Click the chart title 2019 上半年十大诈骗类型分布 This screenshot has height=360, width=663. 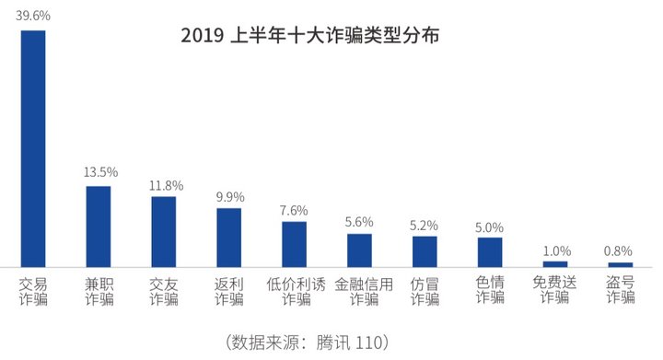tap(310, 37)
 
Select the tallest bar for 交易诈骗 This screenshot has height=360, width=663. tap(33, 148)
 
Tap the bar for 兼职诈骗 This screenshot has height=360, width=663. tap(99, 226)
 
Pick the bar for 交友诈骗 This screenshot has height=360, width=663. tap(164, 231)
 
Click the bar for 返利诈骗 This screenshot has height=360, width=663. tap(228, 238)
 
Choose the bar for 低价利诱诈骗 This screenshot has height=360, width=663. tap(295, 244)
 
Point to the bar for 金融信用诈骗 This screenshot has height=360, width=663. tap(359, 250)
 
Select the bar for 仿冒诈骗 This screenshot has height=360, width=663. tap(425, 251)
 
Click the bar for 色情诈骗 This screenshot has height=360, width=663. tap(490, 252)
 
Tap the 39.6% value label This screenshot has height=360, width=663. tap(33, 15)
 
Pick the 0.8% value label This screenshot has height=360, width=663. tap(621, 250)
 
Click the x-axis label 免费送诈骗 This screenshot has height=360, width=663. tap(555, 290)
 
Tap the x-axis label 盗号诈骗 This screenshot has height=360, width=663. tap(621, 290)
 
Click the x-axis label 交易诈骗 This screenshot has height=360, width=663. tap(33, 290)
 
